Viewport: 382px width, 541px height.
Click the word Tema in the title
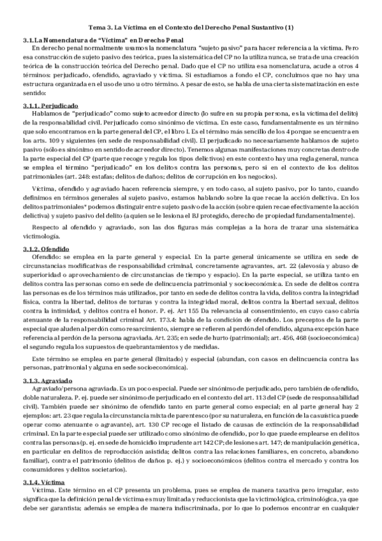click(94, 28)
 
